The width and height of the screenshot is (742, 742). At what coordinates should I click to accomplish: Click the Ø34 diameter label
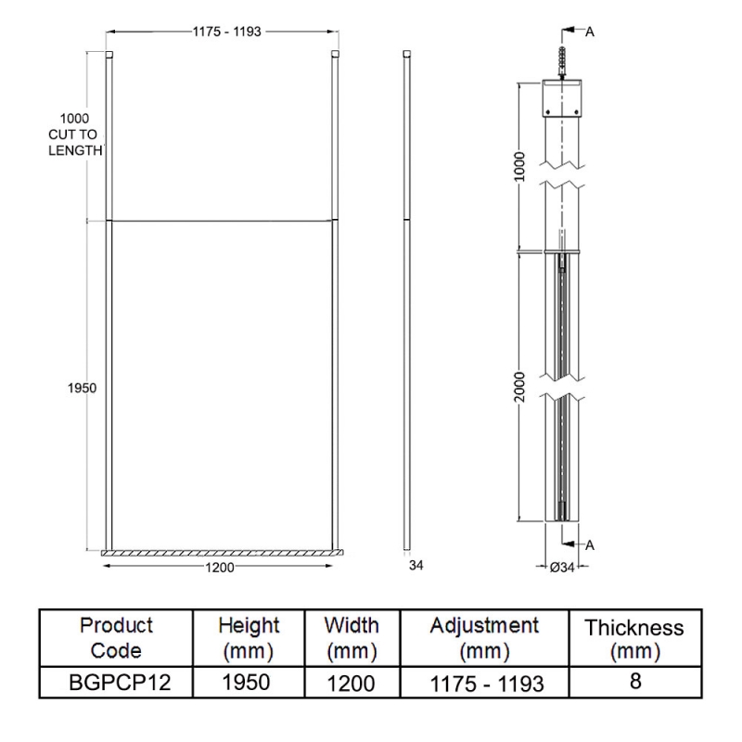click(x=563, y=568)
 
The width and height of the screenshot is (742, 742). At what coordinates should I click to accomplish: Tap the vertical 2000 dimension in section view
click(x=520, y=386)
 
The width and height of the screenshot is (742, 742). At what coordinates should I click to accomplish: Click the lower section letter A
click(x=590, y=545)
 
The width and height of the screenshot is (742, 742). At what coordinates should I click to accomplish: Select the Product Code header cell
click(x=117, y=636)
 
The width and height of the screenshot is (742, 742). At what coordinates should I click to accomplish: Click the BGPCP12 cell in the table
click(x=117, y=683)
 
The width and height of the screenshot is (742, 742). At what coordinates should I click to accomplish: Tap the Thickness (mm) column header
click(x=634, y=639)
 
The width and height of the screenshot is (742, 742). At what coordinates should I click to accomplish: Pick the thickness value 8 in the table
click(x=634, y=681)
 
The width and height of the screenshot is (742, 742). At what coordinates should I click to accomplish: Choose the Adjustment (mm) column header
click(x=484, y=636)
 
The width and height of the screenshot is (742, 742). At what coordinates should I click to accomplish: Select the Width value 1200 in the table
click(x=351, y=684)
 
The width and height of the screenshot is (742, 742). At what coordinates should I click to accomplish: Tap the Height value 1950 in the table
click(x=248, y=683)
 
